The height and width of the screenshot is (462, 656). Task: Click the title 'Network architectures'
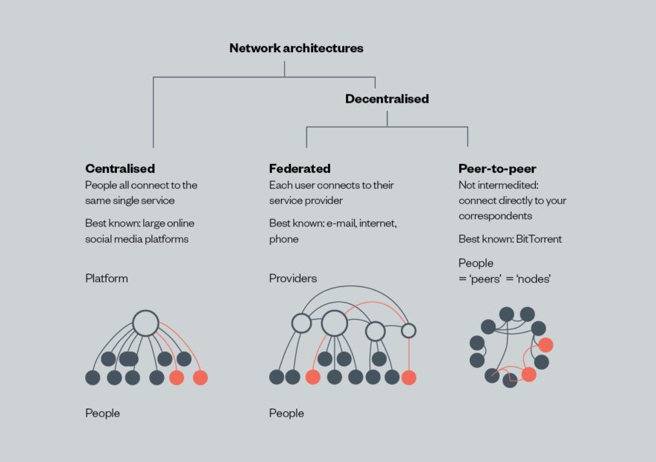point(296,48)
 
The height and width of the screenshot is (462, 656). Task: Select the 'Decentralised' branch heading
point(387,98)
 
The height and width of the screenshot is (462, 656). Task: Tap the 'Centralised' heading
point(120,168)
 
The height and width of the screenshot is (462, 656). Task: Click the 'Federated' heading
point(300,168)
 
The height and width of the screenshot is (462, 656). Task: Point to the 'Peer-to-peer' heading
point(497,168)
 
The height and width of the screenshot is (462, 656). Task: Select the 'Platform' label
point(107,279)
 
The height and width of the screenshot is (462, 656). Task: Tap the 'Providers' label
point(293,279)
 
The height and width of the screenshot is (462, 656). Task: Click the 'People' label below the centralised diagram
point(102,413)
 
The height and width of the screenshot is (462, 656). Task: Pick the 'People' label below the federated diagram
point(286,413)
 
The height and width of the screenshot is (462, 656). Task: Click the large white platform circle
point(145,323)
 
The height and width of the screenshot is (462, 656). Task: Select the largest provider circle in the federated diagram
point(335,323)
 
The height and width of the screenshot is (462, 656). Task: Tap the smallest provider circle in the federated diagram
point(409,330)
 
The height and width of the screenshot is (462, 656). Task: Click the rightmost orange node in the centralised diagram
point(200,378)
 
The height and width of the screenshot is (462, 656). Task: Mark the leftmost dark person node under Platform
point(92,378)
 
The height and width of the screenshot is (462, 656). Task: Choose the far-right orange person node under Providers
point(409,378)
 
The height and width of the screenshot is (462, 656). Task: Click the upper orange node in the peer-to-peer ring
point(546,345)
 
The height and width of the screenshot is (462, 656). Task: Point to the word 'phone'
point(284,239)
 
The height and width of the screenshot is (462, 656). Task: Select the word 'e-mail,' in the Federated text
point(342,223)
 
